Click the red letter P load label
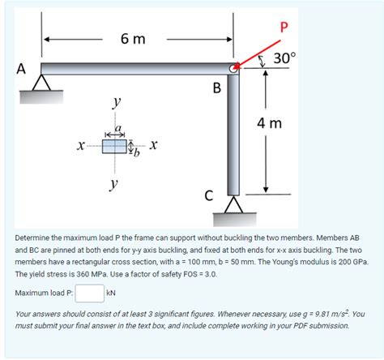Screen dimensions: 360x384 [283, 28]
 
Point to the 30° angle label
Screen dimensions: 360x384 [284, 59]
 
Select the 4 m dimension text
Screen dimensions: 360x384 [269, 123]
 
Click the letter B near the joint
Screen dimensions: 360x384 [216, 88]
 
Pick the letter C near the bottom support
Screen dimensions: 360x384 [209, 195]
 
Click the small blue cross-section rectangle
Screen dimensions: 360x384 [115, 146]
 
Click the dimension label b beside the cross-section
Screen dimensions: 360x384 [137, 154]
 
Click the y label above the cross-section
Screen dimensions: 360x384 [117, 104]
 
